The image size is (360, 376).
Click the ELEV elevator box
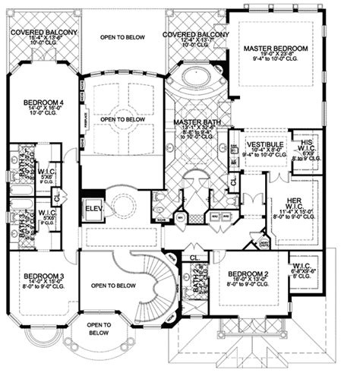[93, 208]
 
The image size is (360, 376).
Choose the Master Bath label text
[196, 122]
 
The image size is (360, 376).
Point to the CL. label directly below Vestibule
[232, 181]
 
